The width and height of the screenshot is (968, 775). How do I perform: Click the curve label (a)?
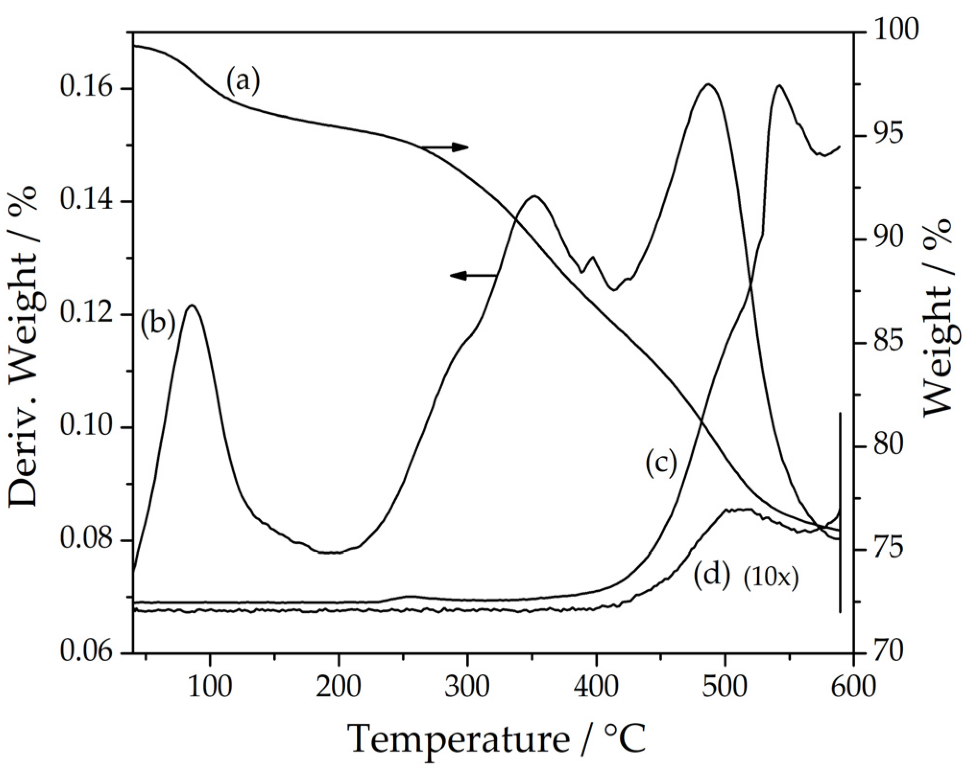[x=243, y=82]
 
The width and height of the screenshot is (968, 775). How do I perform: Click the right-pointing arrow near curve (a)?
[x=444, y=147]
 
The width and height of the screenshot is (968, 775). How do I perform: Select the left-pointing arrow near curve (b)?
[x=473, y=275]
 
